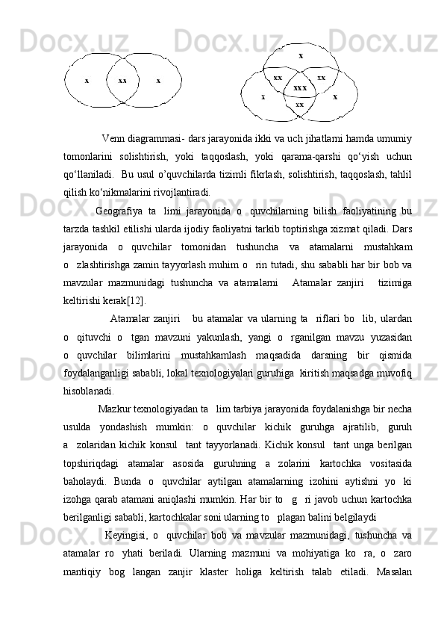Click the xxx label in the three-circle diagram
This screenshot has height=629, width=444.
[x=300, y=88]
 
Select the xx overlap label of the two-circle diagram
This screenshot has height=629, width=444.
[x=122, y=80]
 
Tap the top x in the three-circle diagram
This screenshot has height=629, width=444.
[x=301, y=55]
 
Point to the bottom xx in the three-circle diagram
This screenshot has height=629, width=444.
[x=300, y=104]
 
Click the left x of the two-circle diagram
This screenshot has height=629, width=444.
[x=87, y=80]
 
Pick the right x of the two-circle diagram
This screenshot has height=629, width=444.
[x=158, y=80]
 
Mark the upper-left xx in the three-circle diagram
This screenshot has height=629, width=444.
[x=278, y=77]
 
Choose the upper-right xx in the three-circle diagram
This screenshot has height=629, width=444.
[x=322, y=77]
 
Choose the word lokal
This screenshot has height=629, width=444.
[x=193, y=353]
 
